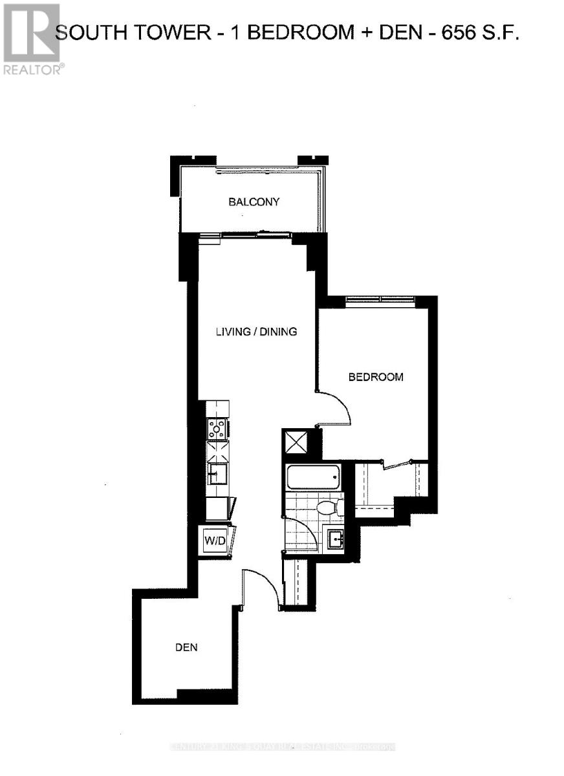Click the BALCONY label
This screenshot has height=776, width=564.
coord(254,202)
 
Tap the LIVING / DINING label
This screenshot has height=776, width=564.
coord(256,332)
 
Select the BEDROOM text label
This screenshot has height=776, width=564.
coord(376,377)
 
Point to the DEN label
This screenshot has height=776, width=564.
coord(186,647)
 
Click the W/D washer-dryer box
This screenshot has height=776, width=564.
coord(215,540)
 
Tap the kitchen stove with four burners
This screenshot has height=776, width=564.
coord(217,429)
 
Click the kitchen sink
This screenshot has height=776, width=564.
coord(215,473)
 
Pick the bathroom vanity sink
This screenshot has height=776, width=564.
coord(335,537)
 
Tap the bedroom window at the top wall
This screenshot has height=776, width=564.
coord(380,299)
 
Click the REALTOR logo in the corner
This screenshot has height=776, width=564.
coord(32,39)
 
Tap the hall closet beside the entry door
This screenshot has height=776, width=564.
coord(298,582)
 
